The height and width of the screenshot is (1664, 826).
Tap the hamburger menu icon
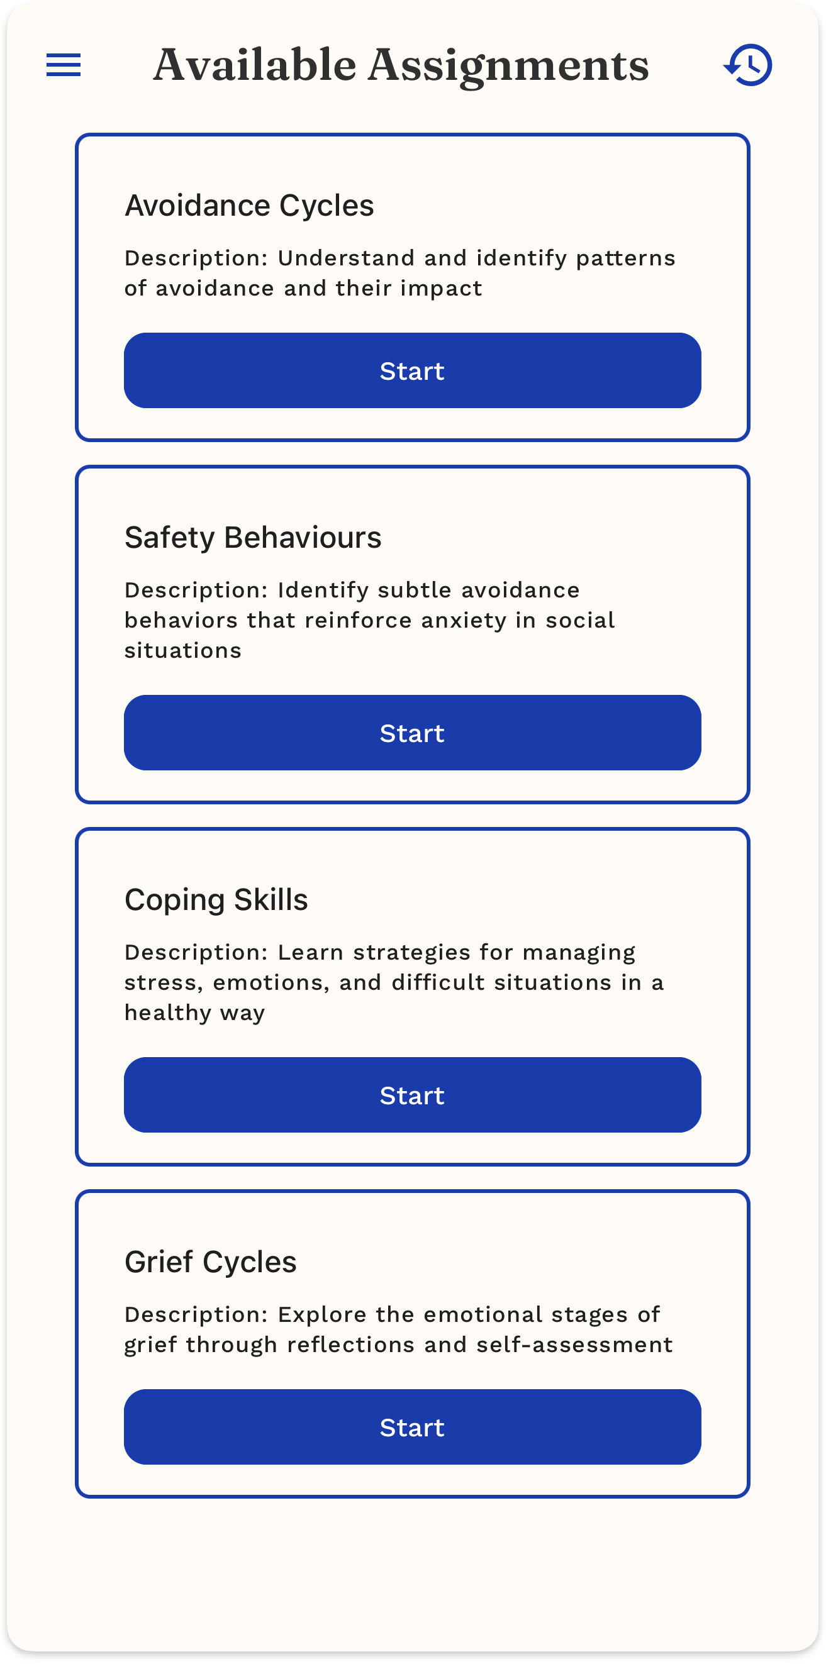tap(64, 65)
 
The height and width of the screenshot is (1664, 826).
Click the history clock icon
tap(748, 65)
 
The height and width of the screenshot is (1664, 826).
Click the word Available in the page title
tap(255, 65)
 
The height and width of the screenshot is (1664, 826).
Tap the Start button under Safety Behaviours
tap(412, 733)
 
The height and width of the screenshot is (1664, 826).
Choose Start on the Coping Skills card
tap(412, 1095)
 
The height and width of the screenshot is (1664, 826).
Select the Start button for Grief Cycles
tap(412, 1427)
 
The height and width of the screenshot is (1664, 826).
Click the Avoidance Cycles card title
tap(249, 206)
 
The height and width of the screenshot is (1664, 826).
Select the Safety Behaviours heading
tap(253, 538)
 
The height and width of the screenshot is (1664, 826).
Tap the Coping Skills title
tap(216, 900)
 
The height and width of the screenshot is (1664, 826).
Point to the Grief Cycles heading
tap(210, 1262)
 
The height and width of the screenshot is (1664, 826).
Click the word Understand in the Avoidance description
tap(346, 258)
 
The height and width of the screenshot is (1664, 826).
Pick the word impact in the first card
tap(441, 288)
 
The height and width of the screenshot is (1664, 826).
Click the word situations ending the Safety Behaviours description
tap(182, 650)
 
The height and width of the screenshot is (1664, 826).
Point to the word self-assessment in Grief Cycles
tap(574, 1345)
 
